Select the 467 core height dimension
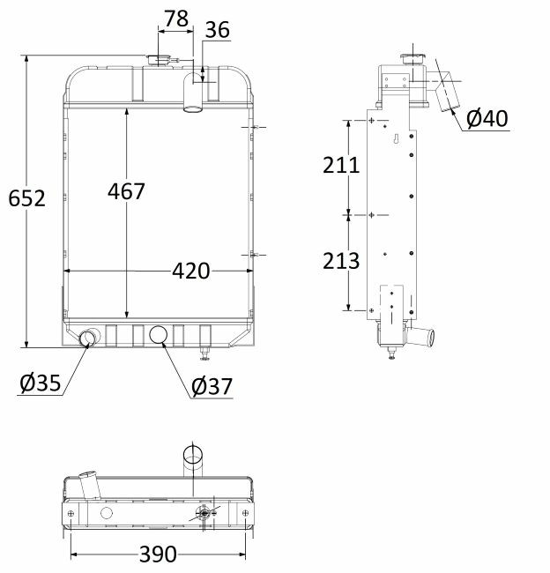pos(126,191)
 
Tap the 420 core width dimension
pos(191,272)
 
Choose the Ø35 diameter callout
pos(40,383)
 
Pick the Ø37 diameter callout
pos(211,385)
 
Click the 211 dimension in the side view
pos(341,166)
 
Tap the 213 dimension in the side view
pos(341,261)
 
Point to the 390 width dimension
pos(158,554)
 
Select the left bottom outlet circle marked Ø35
pos(88,339)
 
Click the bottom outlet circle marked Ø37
pos(160,335)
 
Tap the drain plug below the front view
pos(205,354)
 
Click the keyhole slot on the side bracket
pos(398,140)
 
